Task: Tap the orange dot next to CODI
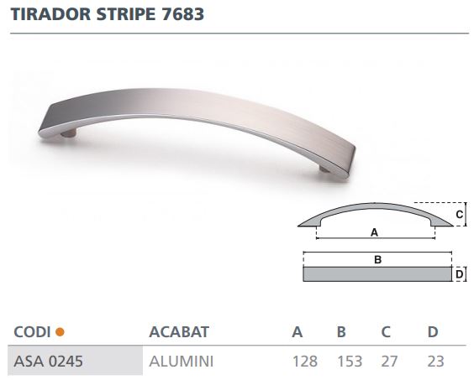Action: (x=60, y=332)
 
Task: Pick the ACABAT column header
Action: (x=178, y=332)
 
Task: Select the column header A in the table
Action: (x=297, y=332)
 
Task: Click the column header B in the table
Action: (x=341, y=332)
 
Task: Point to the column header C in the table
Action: (x=386, y=332)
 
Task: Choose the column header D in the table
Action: (x=433, y=332)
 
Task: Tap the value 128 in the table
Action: (x=304, y=361)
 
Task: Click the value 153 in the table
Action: (x=349, y=361)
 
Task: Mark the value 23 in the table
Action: (x=434, y=361)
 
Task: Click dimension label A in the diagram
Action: (x=374, y=232)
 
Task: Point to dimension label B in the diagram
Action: (x=377, y=260)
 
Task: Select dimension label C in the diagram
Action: (x=460, y=215)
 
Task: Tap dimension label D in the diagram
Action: (x=460, y=274)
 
